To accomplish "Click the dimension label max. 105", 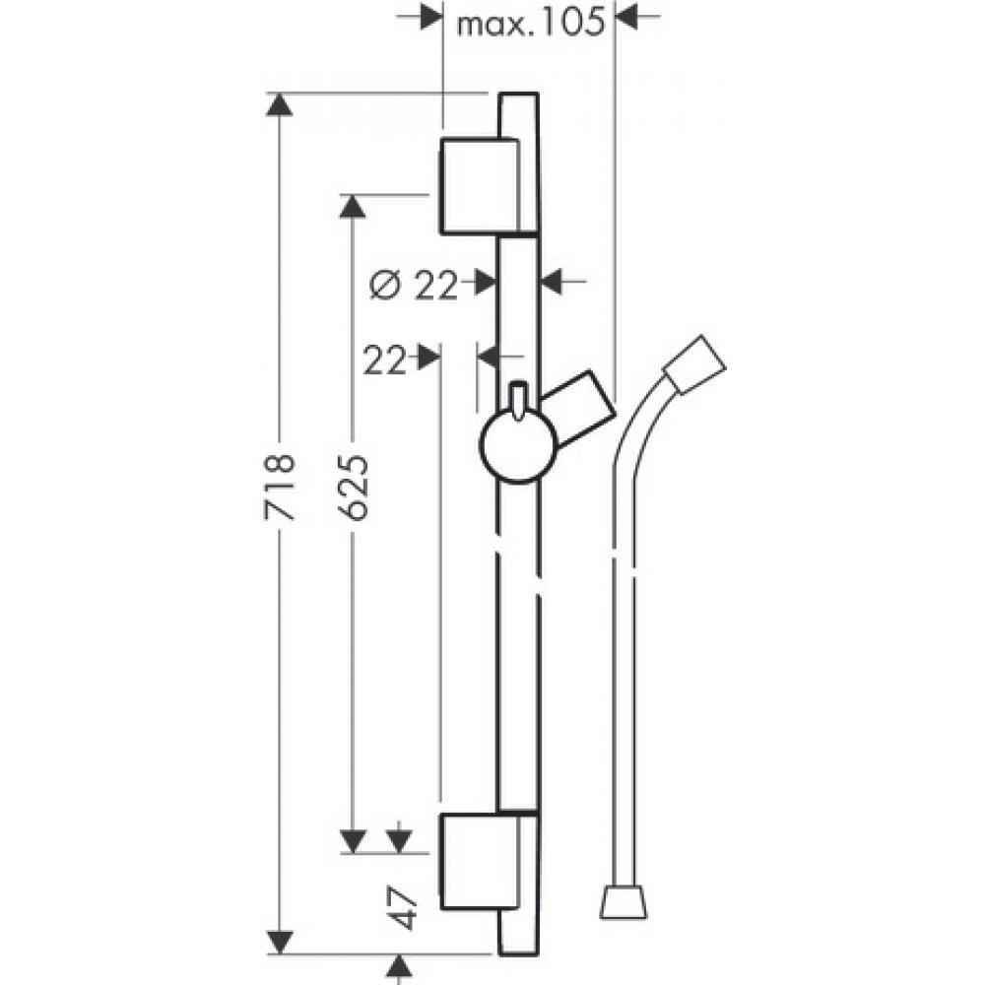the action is point(530,25).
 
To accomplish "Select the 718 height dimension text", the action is point(279,487).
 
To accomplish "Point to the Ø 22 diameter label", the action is point(414,287).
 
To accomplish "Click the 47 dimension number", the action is point(403,908).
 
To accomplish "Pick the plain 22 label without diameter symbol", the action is point(384,361).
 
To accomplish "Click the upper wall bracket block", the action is point(480,186).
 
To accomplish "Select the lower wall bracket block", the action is point(480,862).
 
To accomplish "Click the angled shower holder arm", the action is point(579,409).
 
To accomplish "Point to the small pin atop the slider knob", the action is point(518,399).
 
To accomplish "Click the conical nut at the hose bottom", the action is point(623,902).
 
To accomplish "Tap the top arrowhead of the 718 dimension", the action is point(280,103).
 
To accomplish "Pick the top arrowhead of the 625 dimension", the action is point(353,206).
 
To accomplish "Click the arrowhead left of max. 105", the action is point(431,17).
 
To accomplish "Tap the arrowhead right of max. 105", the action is point(626,17).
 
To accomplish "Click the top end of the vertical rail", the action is point(519,94).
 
